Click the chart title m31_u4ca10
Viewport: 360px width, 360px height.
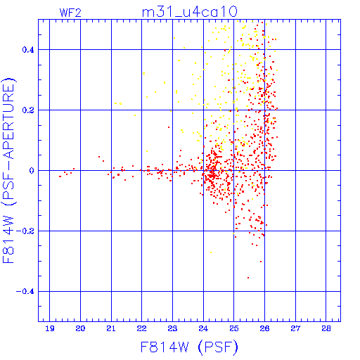(x=190, y=12)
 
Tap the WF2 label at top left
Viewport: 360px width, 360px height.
(x=70, y=13)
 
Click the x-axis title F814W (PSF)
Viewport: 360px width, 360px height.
(x=189, y=347)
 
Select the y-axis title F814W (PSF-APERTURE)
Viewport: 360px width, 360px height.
(x=9, y=170)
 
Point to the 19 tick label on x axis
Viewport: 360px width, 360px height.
(x=50, y=328)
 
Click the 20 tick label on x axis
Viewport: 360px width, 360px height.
(x=80, y=328)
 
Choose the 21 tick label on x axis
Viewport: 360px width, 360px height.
(x=111, y=328)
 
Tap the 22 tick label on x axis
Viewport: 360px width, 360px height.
(x=142, y=328)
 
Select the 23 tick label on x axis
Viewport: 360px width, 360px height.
(x=172, y=328)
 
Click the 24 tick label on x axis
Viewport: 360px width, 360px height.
(x=203, y=328)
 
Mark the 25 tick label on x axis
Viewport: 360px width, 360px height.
(x=234, y=328)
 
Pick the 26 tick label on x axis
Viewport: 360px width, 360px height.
(x=264, y=328)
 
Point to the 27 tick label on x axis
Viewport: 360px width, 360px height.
(x=295, y=328)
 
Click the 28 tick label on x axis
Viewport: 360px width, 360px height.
(x=326, y=328)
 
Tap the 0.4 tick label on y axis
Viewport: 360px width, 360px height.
(x=28, y=50)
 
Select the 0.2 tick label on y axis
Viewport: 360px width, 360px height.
(x=28, y=110)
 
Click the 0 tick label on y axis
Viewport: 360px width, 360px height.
(x=32, y=171)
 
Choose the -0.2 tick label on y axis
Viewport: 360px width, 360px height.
(x=25, y=231)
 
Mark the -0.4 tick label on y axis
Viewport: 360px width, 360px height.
(x=25, y=292)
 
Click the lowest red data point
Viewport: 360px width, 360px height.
(x=248, y=278)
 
